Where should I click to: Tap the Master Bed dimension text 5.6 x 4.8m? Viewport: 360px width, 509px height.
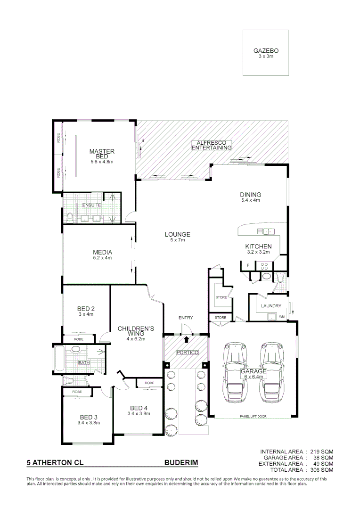pos(102,162)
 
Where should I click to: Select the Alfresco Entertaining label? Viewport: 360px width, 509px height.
pos(212,145)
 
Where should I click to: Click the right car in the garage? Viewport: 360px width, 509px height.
pos(272,372)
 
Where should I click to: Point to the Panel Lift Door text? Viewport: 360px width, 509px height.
pos(253,417)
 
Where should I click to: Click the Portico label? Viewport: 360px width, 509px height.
pos(186,353)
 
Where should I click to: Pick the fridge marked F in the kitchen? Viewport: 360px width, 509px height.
pos(247,266)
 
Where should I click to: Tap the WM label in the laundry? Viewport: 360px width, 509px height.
pos(282,316)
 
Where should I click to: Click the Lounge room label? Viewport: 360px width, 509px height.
pos(177,234)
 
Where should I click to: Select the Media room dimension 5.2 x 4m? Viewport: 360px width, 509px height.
pos(102,258)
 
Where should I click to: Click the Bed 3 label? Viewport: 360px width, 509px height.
pos(89,417)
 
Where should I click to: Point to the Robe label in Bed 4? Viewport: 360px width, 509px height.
pos(149,383)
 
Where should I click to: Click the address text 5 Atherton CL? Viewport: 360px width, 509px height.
pos(55,463)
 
